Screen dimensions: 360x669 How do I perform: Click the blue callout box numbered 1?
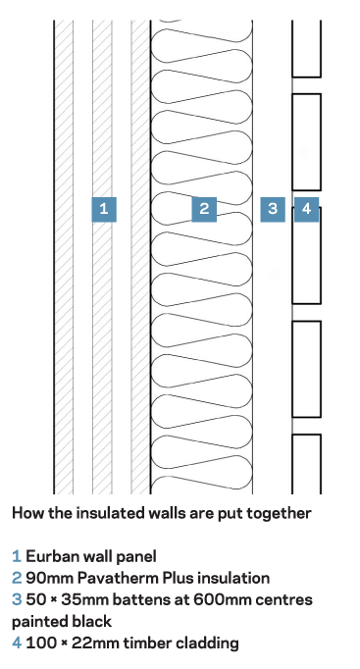[x=104, y=209]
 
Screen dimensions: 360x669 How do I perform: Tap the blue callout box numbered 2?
[x=204, y=209]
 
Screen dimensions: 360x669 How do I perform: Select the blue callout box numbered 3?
[x=273, y=209]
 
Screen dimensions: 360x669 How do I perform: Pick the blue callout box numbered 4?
[x=307, y=209]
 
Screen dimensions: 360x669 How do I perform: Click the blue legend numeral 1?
[x=17, y=556]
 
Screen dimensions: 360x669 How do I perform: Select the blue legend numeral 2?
[x=17, y=578]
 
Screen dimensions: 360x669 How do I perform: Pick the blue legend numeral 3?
[x=17, y=600]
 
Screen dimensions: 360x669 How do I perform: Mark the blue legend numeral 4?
[x=17, y=643]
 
